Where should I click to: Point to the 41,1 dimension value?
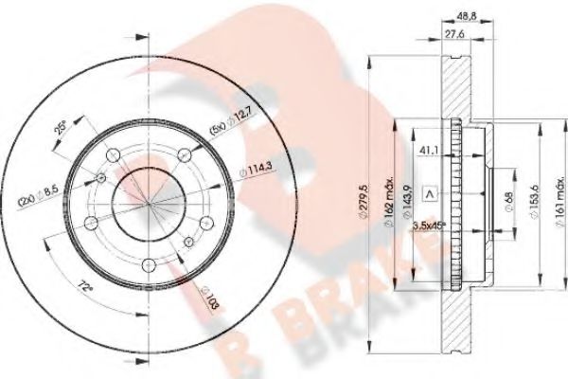pyautogui.click(x=428, y=149)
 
